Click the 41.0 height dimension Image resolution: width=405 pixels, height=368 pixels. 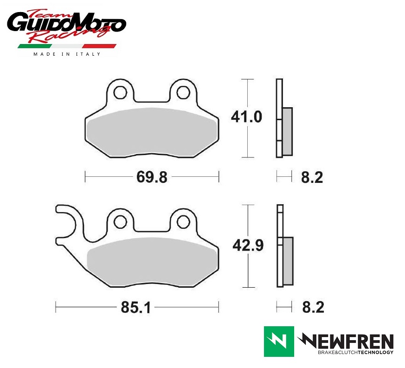(x=246, y=117)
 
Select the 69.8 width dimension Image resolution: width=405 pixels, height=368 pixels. (x=152, y=177)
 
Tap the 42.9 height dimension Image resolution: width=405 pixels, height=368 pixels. (x=248, y=245)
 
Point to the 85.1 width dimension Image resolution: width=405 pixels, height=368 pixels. (x=135, y=308)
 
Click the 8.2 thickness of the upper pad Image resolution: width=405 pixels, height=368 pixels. (x=312, y=178)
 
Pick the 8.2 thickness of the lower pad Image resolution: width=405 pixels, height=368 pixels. (x=313, y=307)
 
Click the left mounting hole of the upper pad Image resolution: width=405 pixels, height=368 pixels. (x=120, y=92)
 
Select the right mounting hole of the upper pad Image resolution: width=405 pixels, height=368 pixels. (x=183, y=92)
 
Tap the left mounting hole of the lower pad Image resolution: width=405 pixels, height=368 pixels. (x=120, y=222)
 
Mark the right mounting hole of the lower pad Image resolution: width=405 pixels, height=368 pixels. (x=183, y=222)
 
